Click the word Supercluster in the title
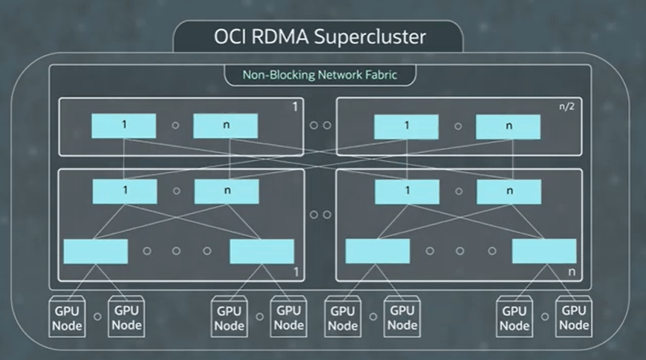[370, 37]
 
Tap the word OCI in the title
[229, 36]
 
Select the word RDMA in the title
[279, 36]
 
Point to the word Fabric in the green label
[380, 75]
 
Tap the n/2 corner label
[567, 106]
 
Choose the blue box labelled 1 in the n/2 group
[406, 127]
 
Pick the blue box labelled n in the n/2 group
[508, 127]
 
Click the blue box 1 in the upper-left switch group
[123, 125]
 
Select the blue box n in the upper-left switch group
[226, 125]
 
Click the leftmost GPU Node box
[67, 317]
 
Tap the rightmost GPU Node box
[574, 317]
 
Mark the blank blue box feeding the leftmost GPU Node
[96, 252]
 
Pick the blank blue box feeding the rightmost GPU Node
[544, 251]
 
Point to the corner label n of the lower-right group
[572, 272]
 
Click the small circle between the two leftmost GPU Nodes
[97, 317]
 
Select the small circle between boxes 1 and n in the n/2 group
[458, 126]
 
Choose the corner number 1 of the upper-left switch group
[295, 107]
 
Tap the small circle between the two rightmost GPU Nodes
[545, 317]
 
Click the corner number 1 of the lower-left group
[296, 272]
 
